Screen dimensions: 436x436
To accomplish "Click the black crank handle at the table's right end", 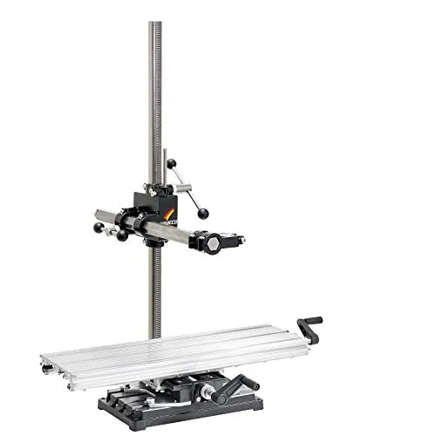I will click(310, 324).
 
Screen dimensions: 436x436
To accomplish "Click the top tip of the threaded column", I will click(155, 24).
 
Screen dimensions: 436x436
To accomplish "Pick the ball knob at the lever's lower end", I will click(203, 213).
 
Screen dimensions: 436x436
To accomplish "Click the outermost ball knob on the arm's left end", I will click(98, 228).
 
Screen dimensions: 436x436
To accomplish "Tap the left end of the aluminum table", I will click(48, 360).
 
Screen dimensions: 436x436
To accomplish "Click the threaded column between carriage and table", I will click(155, 288).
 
